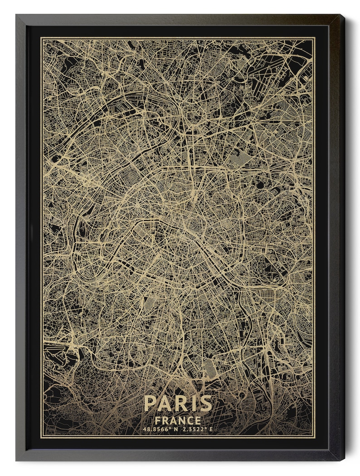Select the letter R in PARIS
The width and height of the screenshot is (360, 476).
(181, 403)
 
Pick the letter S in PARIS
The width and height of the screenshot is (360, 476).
(205, 403)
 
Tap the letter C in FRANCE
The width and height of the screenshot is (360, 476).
(189, 421)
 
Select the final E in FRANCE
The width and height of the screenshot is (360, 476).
(197, 421)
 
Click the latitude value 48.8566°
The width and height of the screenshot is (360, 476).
(155, 429)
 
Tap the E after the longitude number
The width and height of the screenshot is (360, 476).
(211, 429)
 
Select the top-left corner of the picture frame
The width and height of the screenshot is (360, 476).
(16, 15)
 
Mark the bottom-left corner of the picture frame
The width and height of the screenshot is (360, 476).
(16, 461)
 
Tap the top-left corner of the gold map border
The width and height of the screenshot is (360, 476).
(42, 38)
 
